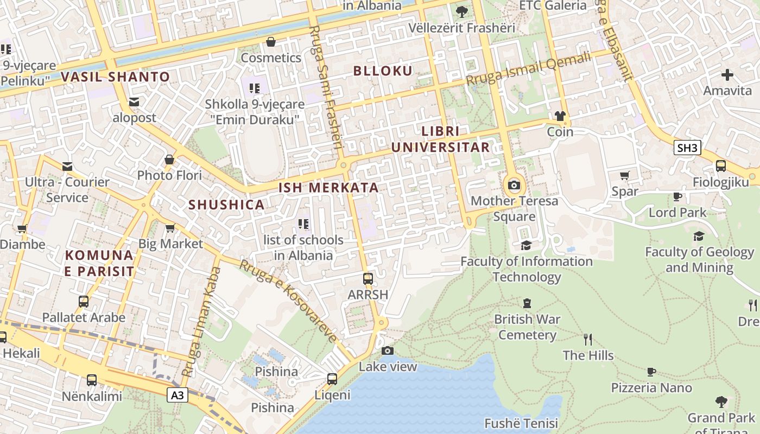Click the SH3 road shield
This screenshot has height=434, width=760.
[687, 148]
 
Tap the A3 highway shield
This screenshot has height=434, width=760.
[178, 395]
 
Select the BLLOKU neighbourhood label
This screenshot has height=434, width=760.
[383, 71]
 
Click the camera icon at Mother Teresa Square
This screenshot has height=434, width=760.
[514, 186]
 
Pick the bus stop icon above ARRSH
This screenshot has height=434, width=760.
[368, 279]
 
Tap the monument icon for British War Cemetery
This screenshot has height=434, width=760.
[527, 303]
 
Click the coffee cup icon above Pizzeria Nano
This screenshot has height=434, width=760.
[651, 372]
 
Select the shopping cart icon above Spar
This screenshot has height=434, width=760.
[624, 175]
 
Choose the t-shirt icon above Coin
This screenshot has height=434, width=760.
[560, 116]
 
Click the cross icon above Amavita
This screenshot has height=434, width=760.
[727, 75]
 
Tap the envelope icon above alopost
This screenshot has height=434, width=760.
[134, 102]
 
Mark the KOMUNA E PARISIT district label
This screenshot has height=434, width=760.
[99, 263]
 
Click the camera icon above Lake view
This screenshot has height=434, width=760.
[387, 351]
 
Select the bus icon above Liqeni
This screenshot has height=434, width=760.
[332, 379]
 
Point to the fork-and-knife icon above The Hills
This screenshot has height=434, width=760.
[588, 340]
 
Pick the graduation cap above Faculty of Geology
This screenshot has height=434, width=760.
[699, 236]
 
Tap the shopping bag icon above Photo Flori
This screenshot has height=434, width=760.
[169, 159]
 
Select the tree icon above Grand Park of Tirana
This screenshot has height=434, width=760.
[721, 402]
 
